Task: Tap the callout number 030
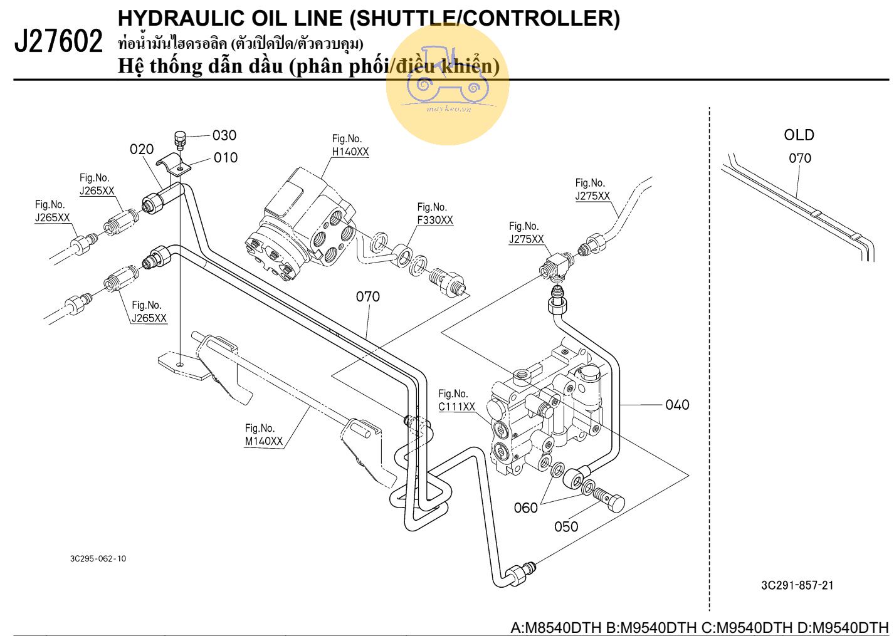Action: point(224,135)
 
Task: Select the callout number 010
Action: point(226,158)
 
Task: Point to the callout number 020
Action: point(142,149)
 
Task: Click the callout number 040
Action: point(677,405)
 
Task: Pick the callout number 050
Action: point(566,527)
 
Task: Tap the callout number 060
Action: point(526,508)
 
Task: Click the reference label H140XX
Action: point(350,152)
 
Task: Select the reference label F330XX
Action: point(435,221)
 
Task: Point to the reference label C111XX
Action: point(456,407)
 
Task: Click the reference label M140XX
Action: point(264,441)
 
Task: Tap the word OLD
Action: point(799,135)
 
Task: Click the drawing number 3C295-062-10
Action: point(98,558)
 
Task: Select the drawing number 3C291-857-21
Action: point(797,585)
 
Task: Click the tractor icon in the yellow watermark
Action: point(447,75)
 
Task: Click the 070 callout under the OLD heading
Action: point(800,159)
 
